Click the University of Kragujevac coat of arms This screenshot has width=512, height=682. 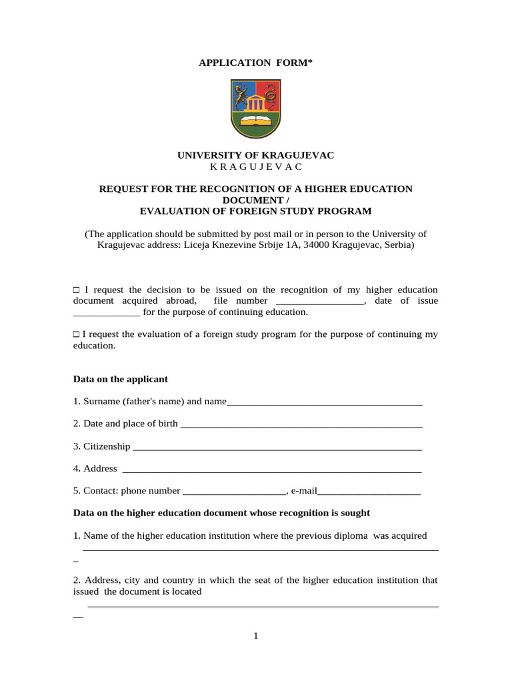click(x=256, y=109)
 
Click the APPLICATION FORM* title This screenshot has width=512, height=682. click(x=256, y=63)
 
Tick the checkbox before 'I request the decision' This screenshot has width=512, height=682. click(x=76, y=290)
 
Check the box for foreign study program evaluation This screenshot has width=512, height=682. click(x=76, y=334)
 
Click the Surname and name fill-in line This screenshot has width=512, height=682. click(x=325, y=402)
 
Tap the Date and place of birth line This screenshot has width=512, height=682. click(x=301, y=425)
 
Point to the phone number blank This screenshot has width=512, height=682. click(x=234, y=492)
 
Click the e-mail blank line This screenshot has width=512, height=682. click(x=369, y=492)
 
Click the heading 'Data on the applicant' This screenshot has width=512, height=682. click(x=120, y=379)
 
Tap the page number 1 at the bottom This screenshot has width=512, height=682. click(x=255, y=636)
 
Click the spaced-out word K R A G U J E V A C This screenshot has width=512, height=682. click(x=256, y=167)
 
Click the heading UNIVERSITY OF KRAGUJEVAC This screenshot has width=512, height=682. click(x=256, y=155)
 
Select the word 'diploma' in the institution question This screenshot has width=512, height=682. click(x=352, y=535)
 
